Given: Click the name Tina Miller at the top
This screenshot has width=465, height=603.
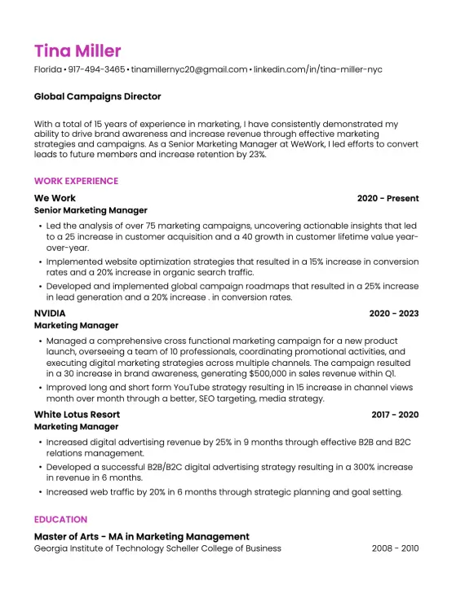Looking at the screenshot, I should (77, 51).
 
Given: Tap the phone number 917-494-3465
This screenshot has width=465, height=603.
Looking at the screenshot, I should (97, 70).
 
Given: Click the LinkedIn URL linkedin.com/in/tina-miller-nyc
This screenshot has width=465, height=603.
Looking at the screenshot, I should (318, 70).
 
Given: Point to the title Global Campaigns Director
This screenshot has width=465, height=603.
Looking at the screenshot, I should (97, 97).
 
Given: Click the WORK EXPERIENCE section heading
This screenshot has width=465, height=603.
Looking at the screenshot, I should (76, 181).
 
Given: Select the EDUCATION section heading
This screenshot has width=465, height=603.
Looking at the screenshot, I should (60, 519).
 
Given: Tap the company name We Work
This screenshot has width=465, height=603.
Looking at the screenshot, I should (55, 198).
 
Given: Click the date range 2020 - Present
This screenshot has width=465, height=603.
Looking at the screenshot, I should (387, 198).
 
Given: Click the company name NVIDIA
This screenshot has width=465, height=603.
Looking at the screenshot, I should (50, 313).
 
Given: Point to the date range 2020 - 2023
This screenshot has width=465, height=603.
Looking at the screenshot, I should (393, 313).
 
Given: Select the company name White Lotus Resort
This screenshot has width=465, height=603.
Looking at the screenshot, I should (77, 415).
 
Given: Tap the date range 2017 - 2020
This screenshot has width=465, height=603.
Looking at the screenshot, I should (395, 415).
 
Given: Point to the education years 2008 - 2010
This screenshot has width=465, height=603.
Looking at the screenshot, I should (395, 548).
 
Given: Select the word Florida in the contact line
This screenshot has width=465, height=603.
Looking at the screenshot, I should (48, 70).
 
